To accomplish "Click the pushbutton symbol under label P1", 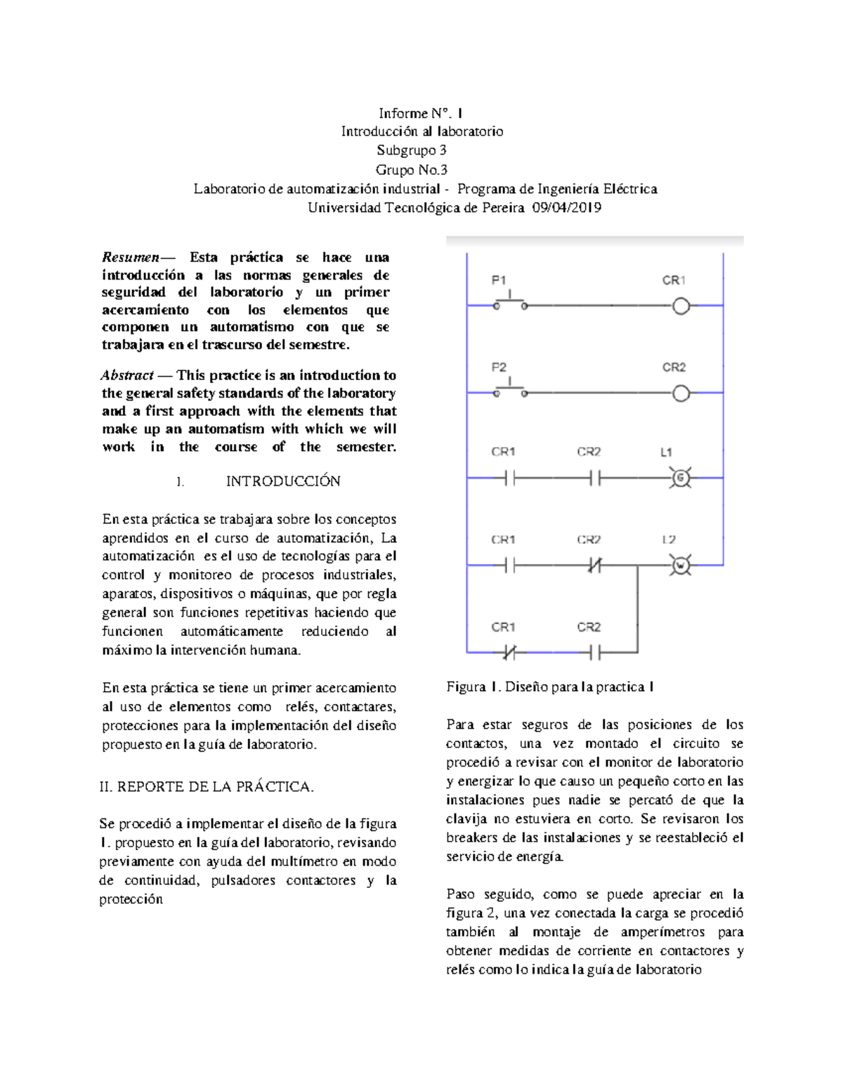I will click(x=511, y=303).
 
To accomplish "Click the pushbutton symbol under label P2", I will click(x=511, y=390).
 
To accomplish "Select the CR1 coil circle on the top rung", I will click(x=681, y=306).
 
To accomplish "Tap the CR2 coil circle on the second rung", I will click(x=681, y=393).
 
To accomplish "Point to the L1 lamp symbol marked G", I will click(x=680, y=478).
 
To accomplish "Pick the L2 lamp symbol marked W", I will click(x=680, y=565).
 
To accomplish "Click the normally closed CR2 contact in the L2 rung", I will click(x=595, y=565).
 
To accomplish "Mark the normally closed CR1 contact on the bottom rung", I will click(x=509, y=653).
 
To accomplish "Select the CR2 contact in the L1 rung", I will click(x=595, y=478).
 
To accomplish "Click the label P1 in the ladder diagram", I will click(x=499, y=280).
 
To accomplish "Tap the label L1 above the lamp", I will click(x=666, y=452).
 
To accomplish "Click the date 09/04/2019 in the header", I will click(x=566, y=207).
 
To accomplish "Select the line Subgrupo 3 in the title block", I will click(x=411, y=150).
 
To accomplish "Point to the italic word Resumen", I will click(x=131, y=257).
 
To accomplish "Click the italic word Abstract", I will click(x=127, y=375).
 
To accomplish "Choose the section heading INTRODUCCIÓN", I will click(x=282, y=481).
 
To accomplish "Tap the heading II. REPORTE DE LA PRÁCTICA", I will click(x=207, y=787).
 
